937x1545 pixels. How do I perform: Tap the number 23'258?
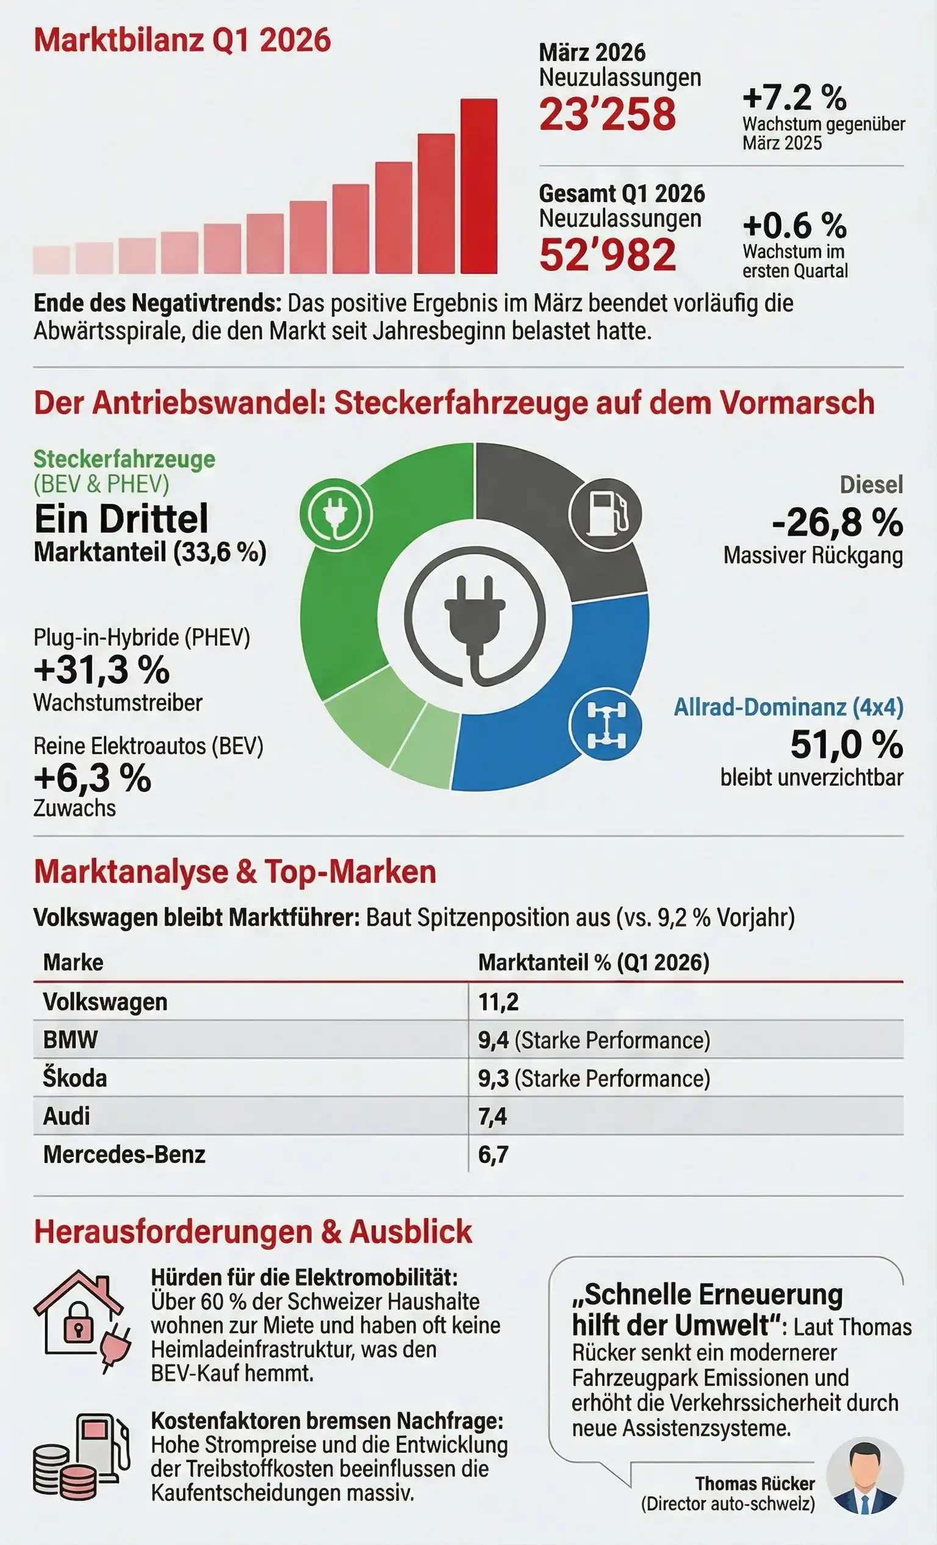click(608, 115)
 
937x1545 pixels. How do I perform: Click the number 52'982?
click(608, 255)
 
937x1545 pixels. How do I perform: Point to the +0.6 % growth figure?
click(794, 226)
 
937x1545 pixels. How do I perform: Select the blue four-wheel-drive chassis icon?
click(605, 725)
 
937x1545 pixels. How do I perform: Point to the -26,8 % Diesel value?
click(837, 522)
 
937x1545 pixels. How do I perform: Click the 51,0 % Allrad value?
click(846, 745)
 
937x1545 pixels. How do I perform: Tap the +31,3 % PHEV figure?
click(101, 669)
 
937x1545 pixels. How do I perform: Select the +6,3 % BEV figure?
click(93, 778)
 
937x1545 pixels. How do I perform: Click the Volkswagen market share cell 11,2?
click(498, 1002)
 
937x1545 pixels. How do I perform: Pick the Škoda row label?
click(74, 1078)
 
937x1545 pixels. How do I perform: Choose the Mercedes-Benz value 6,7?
click(494, 1154)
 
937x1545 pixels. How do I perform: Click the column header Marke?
click(73, 962)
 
